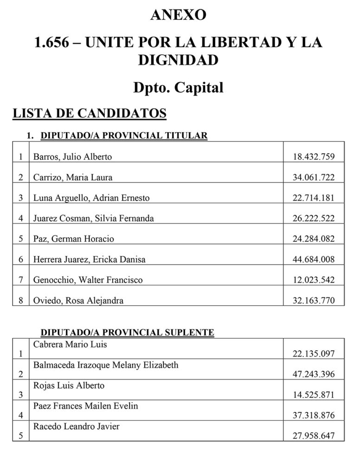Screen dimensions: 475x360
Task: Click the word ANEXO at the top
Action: pyautogui.click(x=179, y=15)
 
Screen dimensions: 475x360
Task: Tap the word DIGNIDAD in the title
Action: pyautogui.click(x=179, y=60)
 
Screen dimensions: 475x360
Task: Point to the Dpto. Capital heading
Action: pyautogui.click(x=179, y=87)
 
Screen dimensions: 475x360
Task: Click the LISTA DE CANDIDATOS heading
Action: pyautogui.click(x=90, y=114)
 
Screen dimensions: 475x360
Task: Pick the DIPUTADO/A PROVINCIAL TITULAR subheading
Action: pyautogui.click(x=124, y=136)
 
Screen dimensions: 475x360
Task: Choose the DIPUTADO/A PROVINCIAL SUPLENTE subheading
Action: pyautogui.click(x=128, y=332)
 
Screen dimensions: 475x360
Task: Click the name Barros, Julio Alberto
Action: pyautogui.click(x=72, y=157)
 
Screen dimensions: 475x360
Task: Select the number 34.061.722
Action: pyautogui.click(x=313, y=177)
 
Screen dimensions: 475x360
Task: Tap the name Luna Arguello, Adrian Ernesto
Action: pyautogui.click(x=91, y=198)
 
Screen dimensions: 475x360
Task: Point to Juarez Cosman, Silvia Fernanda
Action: pyautogui.click(x=93, y=218)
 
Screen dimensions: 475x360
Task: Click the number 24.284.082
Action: pyautogui.click(x=313, y=239)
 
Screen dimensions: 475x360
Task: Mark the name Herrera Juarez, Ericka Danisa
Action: pyautogui.click(x=89, y=259)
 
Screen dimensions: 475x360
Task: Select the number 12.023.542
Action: pyautogui.click(x=313, y=280)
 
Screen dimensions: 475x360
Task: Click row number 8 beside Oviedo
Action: pyautogui.click(x=21, y=300)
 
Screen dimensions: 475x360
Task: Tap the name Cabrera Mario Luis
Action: pyautogui.click(x=70, y=345)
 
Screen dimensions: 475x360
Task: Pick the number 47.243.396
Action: pyautogui.click(x=313, y=374)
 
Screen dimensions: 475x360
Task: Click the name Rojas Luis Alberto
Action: pyautogui.click(x=69, y=385)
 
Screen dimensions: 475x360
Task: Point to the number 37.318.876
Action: pyautogui.click(x=313, y=415)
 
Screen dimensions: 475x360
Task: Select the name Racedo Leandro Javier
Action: pyautogui.click(x=76, y=426)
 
